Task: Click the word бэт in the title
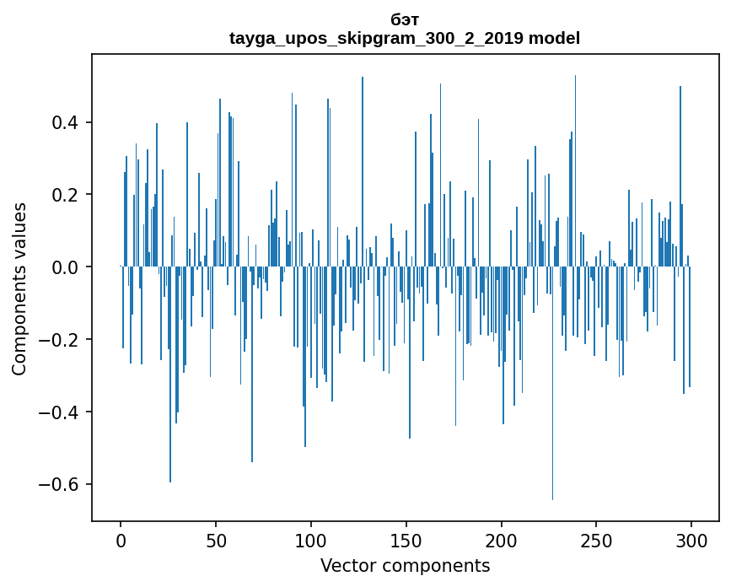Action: [x=405, y=19]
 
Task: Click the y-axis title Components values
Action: [x=19, y=288]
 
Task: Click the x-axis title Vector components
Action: [x=405, y=565]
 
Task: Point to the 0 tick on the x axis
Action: [x=121, y=540]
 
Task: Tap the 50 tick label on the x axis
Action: [x=216, y=540]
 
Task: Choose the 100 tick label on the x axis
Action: [x=311, y=540]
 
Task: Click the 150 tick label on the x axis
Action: [x=406, y=540]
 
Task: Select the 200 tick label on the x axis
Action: [x=502, y=540]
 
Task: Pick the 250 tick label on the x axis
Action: [x=597, y=540]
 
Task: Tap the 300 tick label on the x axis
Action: [x=692, y=540]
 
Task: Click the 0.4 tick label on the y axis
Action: [x=68, y=123]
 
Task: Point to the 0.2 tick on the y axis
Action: [x=68, y=195]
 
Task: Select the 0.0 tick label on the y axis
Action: [x=68, y=267]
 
